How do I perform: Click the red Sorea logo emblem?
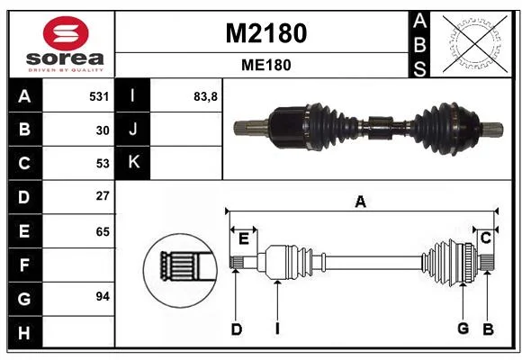(66, 33)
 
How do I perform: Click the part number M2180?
(266, 33)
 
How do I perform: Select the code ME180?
(266, 65)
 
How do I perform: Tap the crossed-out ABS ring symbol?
(475, 44)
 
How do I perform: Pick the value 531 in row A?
(99, 96)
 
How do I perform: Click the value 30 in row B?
(103, 130)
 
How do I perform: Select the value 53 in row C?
(103, 164)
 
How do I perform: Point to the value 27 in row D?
(103, 196)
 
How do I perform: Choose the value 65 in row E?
(103, 231)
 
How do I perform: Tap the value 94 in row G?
(103, 296)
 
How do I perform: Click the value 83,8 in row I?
(205, 97)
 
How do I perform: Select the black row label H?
(25, 333)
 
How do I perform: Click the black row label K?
(133, 163)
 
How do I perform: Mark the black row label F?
(25, 265)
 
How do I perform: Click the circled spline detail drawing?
(180, 270)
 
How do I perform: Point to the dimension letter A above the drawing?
(361, 202)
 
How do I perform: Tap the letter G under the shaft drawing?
(463, 328)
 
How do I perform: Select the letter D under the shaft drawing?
(236, 329)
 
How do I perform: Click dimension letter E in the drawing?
(244, 238)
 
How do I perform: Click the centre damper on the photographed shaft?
(379, 128)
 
